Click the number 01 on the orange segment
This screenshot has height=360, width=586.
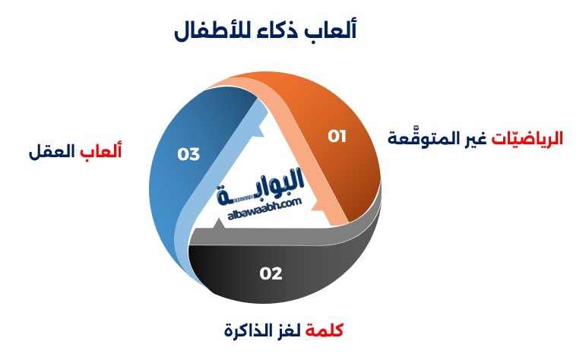[x=337, y=136]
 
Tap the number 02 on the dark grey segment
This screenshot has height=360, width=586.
[x=271, y=273]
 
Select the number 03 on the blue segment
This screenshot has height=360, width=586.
[x=188, y=154]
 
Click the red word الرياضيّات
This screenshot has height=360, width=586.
[x=527, y=138]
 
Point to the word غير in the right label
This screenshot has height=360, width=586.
[x=476, y=139]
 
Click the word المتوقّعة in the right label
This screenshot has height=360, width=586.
[x=424, y=138]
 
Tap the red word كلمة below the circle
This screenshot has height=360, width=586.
[x=325, y=330]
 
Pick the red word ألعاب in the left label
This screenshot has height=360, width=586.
[x=101, y=151]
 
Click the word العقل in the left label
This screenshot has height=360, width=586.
[x=52, y=152]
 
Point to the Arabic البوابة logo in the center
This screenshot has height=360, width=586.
[x=261, y=185]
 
